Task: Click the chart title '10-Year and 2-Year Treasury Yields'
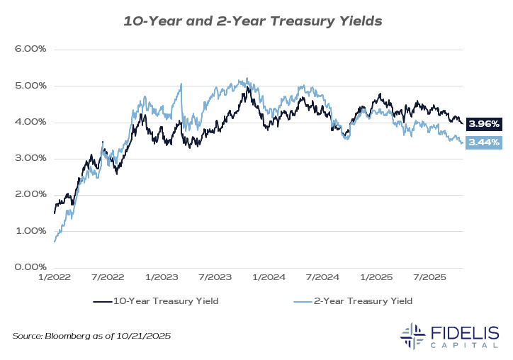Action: click(x=253, y=21)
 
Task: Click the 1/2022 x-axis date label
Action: click(x=55, y=279)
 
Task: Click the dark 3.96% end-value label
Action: click(x=485, y=124)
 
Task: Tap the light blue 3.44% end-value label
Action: click(x=485, y=142)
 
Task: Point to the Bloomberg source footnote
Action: click(x=91, y=335)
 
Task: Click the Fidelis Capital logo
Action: click(x=449, y=336)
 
